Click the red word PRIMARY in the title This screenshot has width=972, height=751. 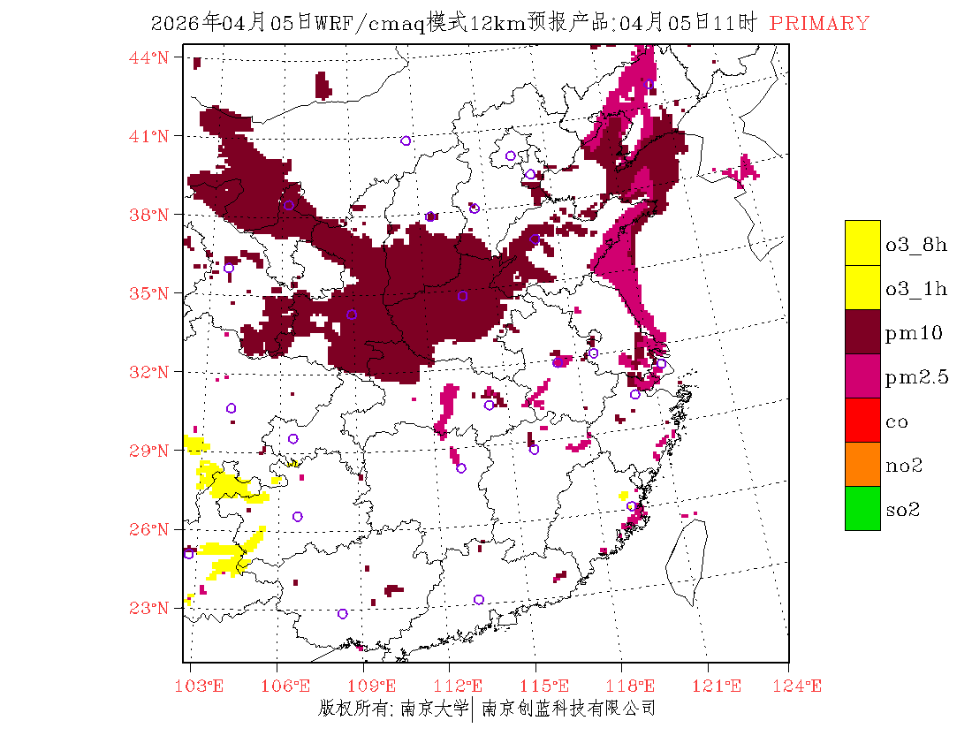819,24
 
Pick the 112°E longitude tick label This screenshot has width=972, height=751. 463,686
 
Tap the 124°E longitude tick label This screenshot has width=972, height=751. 803,686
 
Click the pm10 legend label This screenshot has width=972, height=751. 914,333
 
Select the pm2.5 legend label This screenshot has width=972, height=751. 917,377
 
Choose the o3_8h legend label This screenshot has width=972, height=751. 916,245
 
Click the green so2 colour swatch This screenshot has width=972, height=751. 862,508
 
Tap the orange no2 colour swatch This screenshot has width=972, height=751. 862,464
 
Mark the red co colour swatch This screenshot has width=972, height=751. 862,420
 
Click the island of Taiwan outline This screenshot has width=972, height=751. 687,557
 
